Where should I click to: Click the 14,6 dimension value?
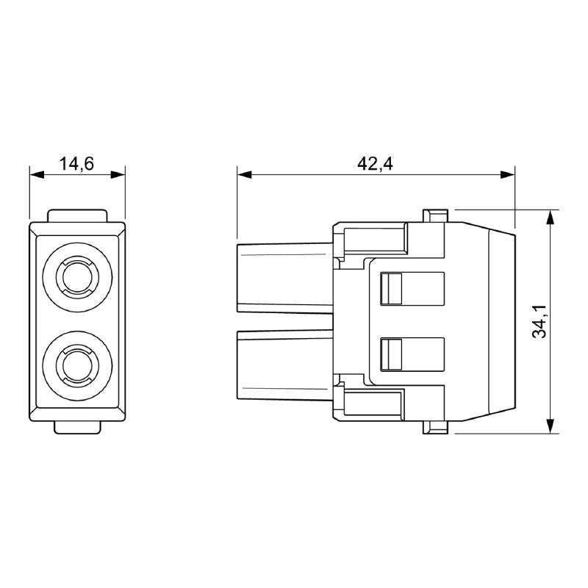pos(76,164)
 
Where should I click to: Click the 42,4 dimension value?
pos(375,164)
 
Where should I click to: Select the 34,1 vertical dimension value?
pos(540,321)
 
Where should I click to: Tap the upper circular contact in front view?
pos(76,277)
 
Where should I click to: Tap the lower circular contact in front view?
pos(76,364)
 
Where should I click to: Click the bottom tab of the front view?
pos(77,426)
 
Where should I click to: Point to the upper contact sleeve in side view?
pos(283,279)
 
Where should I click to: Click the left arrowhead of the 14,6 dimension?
pos(35,175)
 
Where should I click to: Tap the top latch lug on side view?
pos(435,215)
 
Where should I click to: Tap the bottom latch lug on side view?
pos(435,427)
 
